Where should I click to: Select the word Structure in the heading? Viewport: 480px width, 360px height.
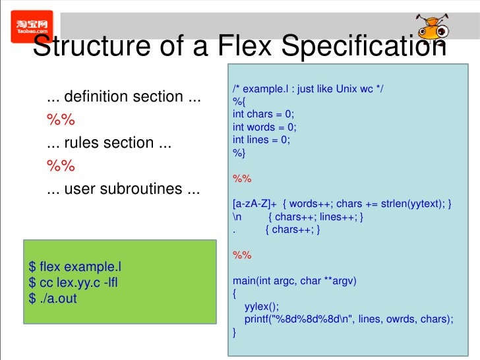(93, 47)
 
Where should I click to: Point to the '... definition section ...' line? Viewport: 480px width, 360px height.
(123, 97)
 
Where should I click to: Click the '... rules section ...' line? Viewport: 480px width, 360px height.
(109, 143)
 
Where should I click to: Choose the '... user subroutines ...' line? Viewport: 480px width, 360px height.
(123, 189)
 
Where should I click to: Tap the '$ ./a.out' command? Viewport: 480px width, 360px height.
(53, 299)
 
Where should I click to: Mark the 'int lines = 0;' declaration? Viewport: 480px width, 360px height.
(261, 140)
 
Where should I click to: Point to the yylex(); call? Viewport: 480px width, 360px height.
(262, 307)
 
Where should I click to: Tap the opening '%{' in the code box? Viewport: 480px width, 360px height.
(238, 102)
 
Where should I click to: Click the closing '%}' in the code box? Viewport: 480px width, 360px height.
(238, 153)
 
